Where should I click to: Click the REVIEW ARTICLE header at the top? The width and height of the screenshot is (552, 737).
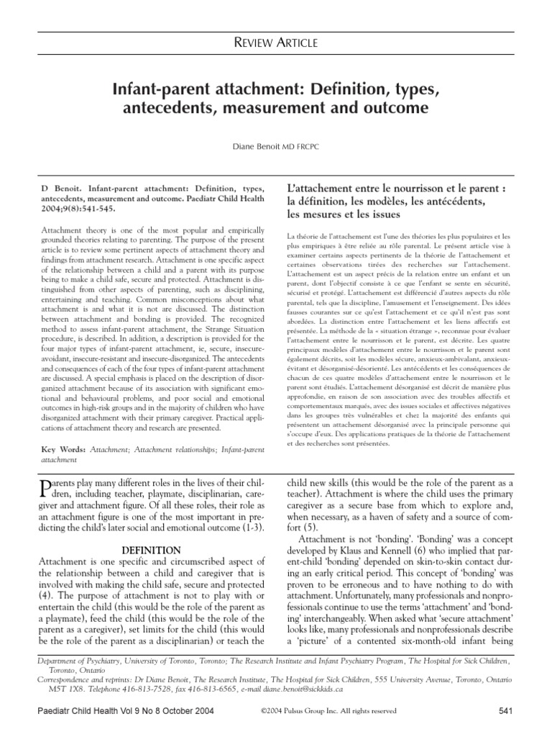click(x=276, y=45)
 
